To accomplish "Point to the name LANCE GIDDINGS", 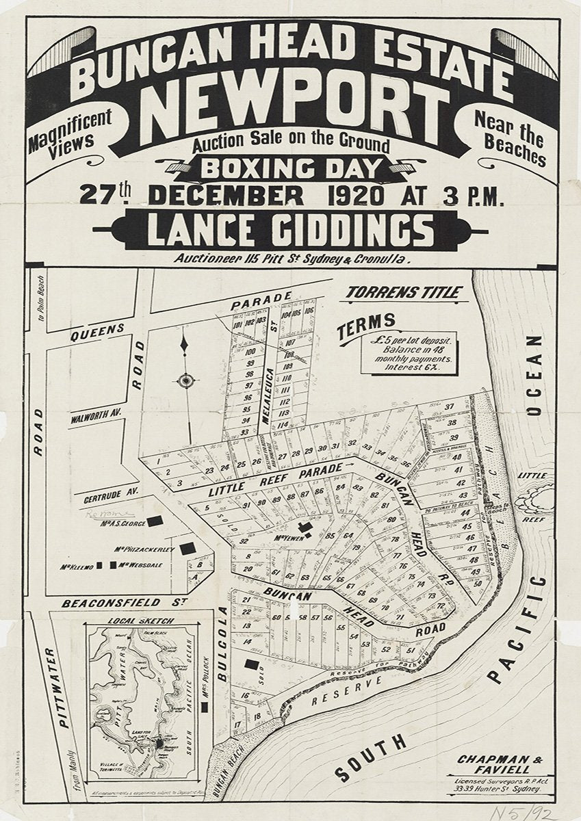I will coord(290,230).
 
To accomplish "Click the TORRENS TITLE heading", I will coord(402,292).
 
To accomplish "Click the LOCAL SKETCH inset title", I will coord(142,621).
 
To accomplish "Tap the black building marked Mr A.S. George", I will coord(156,521).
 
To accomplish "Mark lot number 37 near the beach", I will coord(449,407).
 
